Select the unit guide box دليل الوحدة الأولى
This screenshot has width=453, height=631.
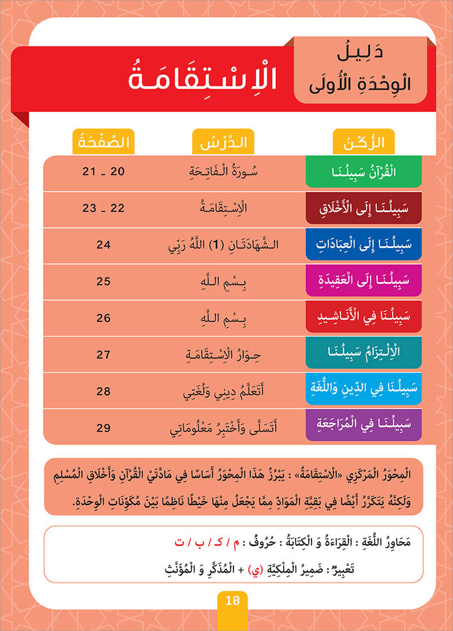pos(361,70)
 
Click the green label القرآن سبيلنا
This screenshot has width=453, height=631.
pos(363,172)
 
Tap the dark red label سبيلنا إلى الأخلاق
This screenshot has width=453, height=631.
pos(363,208)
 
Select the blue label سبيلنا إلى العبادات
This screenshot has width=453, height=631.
pos(363,245)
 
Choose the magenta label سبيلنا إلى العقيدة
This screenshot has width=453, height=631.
pos(363,281)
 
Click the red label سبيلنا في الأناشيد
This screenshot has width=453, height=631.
pos(363,318)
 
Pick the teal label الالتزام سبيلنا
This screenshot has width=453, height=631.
pos(363,354)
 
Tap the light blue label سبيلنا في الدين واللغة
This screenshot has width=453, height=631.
pos(363,390)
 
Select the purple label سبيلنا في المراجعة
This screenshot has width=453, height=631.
pos(363,427)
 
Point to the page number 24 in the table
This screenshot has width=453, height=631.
pos(103,245)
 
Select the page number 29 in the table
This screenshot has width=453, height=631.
pos(103,427)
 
